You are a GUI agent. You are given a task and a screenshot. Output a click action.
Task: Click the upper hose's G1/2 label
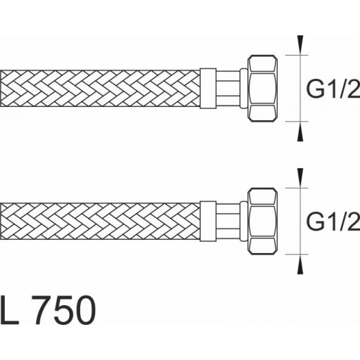[333, 89]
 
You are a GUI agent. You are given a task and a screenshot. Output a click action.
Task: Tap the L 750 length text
[48, 310]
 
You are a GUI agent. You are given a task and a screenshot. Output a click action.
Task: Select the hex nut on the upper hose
[262, 89]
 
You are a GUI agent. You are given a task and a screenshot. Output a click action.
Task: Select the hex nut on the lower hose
[262, 221]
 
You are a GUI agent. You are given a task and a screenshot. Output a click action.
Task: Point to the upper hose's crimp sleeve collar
[208, 89]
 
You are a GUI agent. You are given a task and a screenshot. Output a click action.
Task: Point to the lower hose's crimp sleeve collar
[208, 221]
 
